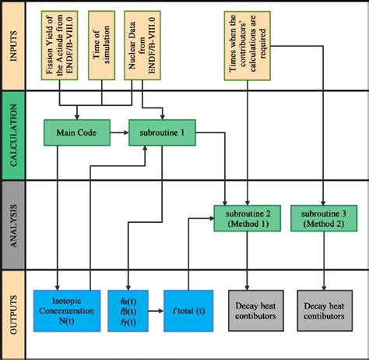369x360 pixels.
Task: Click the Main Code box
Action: (75, 132)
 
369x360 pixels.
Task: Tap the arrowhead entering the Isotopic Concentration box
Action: (59, 285)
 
